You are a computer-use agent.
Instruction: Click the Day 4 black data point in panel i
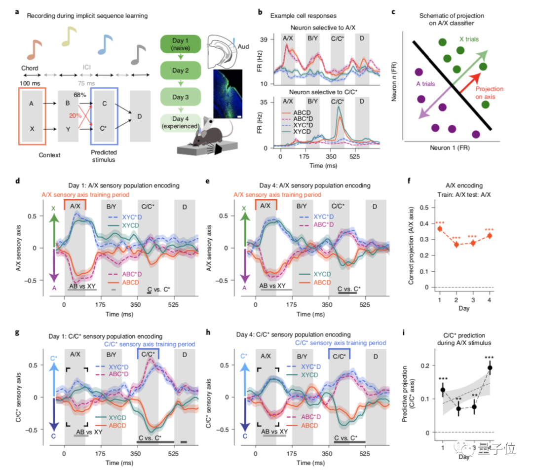click(490, 367)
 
